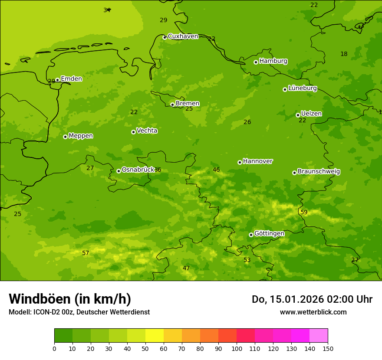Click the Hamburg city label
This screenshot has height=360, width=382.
pos(273,61)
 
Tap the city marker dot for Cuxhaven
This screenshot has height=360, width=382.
pos(165,37)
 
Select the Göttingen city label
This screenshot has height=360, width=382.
pos(269,233)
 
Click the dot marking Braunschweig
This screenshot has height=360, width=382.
pos(294,173)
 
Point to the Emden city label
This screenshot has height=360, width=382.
pos(71,79)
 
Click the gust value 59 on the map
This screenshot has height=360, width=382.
pos(304,212)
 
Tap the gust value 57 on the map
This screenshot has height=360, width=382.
pos(86,253)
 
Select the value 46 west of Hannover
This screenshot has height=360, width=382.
pos(216,170)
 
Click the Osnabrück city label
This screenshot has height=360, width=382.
pos(138,170)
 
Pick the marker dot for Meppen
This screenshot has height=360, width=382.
pos(65,137)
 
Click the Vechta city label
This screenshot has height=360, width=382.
pos(147,131)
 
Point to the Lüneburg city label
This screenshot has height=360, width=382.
pos(302,88)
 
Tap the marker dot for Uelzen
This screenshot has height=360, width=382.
pos(298,115)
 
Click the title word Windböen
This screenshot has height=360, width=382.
pos(40,299)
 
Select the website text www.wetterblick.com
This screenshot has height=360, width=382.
pos(313,312)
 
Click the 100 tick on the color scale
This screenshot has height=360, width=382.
pos(237,348)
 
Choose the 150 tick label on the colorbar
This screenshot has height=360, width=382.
pos(328,348)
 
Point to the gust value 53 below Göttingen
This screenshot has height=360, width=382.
pos(247,260)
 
